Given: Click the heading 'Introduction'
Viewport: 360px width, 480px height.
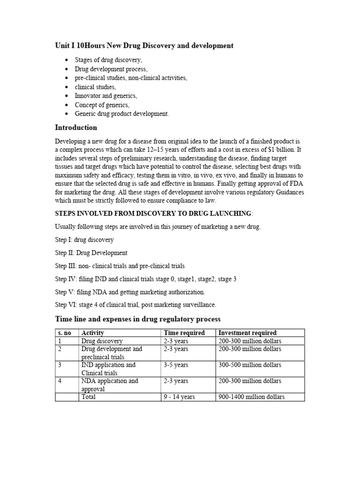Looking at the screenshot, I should tap(76, 127).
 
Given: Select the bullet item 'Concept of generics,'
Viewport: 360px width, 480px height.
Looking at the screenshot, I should tap(102, 105).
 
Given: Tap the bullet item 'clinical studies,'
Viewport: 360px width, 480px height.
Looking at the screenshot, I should tap(95, 87).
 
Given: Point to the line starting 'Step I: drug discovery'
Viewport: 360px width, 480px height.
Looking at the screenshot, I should tap(84, 240).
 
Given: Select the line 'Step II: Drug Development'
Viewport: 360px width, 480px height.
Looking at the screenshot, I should tap(91, 253).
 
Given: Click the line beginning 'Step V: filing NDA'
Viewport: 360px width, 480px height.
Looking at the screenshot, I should tap(130, 292).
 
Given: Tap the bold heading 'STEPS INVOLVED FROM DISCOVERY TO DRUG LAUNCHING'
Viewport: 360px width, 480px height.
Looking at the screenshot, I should tap(153, 214).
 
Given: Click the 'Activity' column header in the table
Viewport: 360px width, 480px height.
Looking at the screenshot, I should tap(92, 333).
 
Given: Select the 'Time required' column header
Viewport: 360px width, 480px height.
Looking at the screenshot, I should tap(184, 333).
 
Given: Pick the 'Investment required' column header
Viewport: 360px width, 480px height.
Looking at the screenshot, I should tap(247, 333).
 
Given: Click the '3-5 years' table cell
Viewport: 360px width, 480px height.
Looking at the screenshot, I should tap(177, 365).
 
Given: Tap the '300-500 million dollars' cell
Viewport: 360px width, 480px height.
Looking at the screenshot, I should tap(250, 365).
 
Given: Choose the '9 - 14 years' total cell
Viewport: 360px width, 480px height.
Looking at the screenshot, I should tap(179, 397).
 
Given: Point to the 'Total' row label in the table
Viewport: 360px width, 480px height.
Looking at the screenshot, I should tap(89, 397).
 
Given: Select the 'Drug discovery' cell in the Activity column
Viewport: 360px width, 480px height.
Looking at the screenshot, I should tap(102, 341).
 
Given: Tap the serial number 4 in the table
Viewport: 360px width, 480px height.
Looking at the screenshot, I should tap(60, 381).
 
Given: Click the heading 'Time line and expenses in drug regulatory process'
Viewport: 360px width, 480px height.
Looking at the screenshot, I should tap(137, 319).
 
